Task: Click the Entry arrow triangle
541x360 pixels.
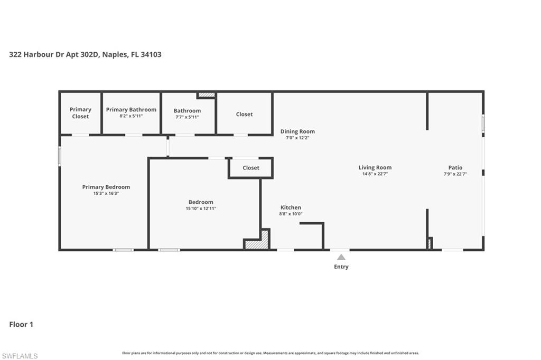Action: [x=341, y=257]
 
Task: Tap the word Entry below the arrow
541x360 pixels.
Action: [x=341, y=267]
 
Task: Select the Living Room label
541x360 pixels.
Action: [x=375, y=167]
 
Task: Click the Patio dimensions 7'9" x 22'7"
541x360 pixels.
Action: [x=455, y=174]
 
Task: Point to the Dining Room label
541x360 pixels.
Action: [x=297, y=131]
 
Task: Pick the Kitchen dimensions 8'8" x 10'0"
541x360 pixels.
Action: [x=291, y=214]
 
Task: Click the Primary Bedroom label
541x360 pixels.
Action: [x=106, y=187]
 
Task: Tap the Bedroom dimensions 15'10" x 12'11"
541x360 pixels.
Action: [x=201, y=209]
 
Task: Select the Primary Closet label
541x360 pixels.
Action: [x=80, y=113]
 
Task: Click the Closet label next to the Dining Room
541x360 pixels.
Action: [x=244, y=114]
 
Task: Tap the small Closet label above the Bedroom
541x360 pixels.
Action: [x=251, y=168]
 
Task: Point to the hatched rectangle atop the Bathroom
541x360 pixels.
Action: [x=206, y=95]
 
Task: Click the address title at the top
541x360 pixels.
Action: [x=85, y=54]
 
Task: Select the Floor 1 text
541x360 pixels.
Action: [x=21, y=325]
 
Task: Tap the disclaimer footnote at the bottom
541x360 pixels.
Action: [x=270, y=353]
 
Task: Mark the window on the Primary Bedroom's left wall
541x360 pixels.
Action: [x=60, y=156]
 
